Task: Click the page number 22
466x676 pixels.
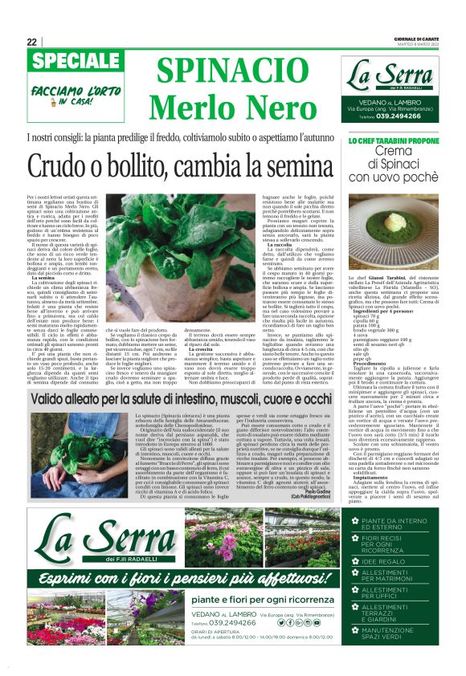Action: pos(31,42)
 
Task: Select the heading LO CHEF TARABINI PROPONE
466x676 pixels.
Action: pos(402,140)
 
